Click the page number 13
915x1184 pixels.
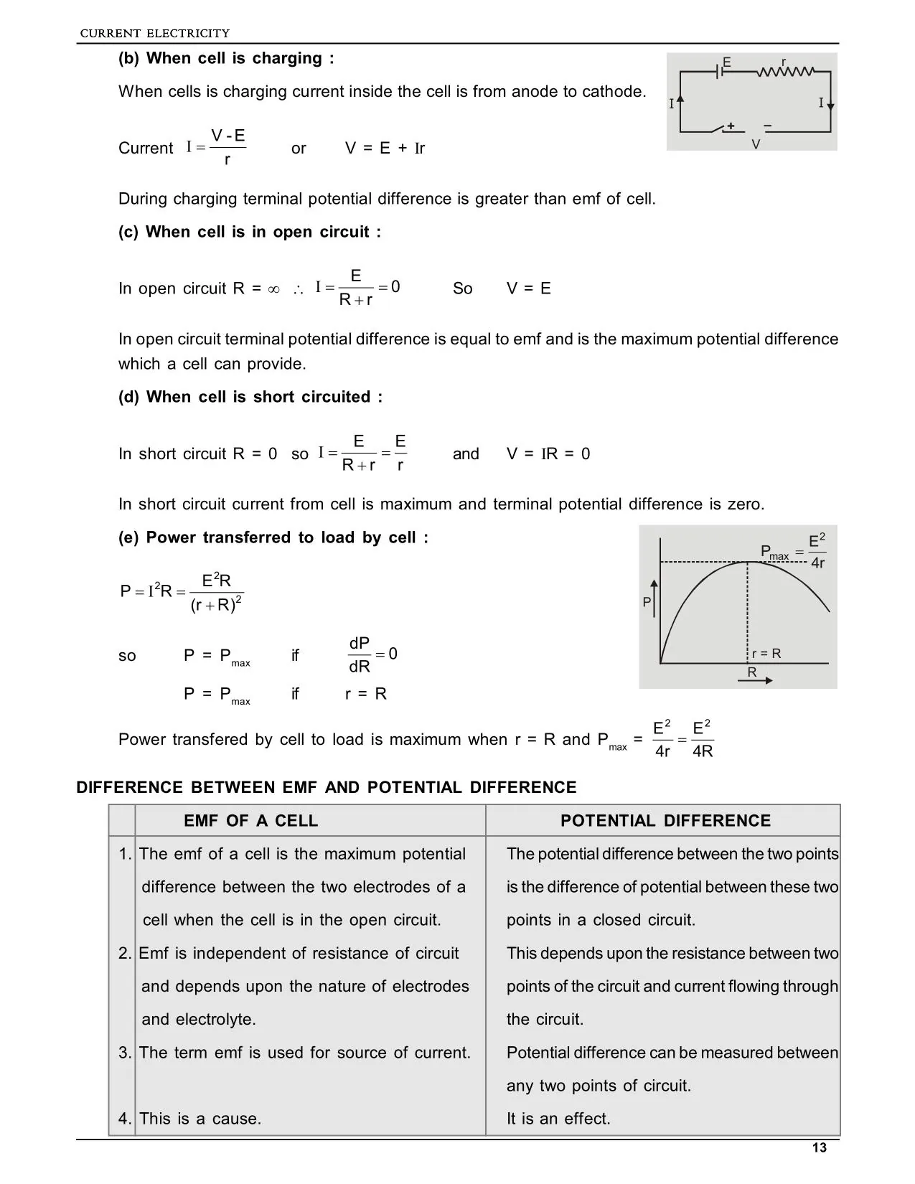click(x=819, y=1147)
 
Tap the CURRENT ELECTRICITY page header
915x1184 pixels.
click(x=154, y=33)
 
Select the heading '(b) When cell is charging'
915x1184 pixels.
click(x=226, y=59)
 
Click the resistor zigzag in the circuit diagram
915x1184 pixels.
click(x=785, y=72)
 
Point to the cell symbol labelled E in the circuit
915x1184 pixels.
click(x=720, y=72)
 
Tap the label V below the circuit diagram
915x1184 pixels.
click(x=756, y=144)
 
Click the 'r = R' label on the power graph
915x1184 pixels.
click(x=766, y=654)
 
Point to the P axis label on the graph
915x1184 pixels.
click(x=647, y=603)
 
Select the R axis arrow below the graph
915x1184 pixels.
click(x=759, y=680)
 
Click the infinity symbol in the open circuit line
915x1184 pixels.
click(x=273, y=289)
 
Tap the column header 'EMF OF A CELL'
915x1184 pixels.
click(x=250, y=821)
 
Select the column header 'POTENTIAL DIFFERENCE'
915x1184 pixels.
click(x=665, y=821)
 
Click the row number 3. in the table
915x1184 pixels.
click(x=125, y=1053)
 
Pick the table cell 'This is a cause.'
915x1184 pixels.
click(x=200, y=1119)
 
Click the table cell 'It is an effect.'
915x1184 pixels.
click(x=558, y=1119)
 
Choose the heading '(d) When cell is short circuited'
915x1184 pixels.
click(x=250, y=398)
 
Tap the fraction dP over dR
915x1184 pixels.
click(x=360, y=654)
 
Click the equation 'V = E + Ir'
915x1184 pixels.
click(x=385, y=149)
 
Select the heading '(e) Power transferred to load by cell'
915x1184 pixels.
click(x=273, y=538)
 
